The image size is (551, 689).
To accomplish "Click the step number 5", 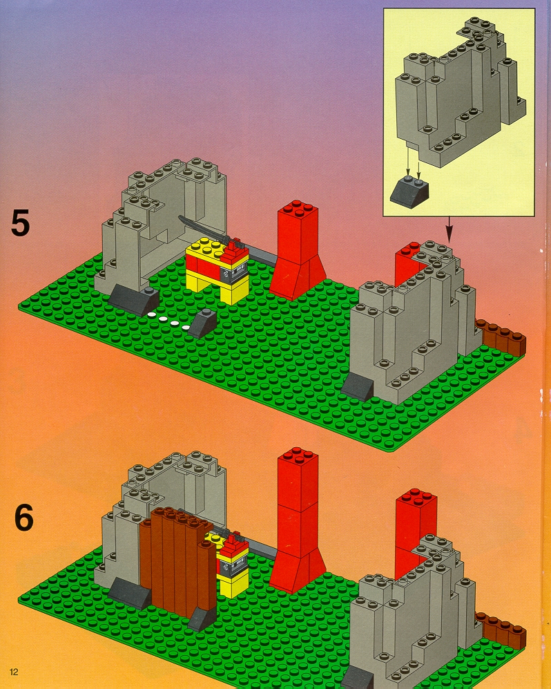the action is (20, 223).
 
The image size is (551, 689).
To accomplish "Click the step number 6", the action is (23, 518).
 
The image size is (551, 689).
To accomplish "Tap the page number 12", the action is (14, 672).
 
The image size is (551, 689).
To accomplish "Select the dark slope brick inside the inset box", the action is (410, 191).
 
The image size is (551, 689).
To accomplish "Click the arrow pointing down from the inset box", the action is (449, 229).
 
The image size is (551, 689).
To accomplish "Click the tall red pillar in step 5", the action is (297, 249).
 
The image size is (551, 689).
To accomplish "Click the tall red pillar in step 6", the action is (297, 518).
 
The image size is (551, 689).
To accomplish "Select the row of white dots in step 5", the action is (168, 321).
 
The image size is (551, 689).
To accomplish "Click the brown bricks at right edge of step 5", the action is (501, 337).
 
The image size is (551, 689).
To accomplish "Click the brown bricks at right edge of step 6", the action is (501, 630).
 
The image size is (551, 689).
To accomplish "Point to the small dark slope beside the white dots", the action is (202, 323).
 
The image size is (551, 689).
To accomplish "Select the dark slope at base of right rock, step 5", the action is (357, 388).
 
